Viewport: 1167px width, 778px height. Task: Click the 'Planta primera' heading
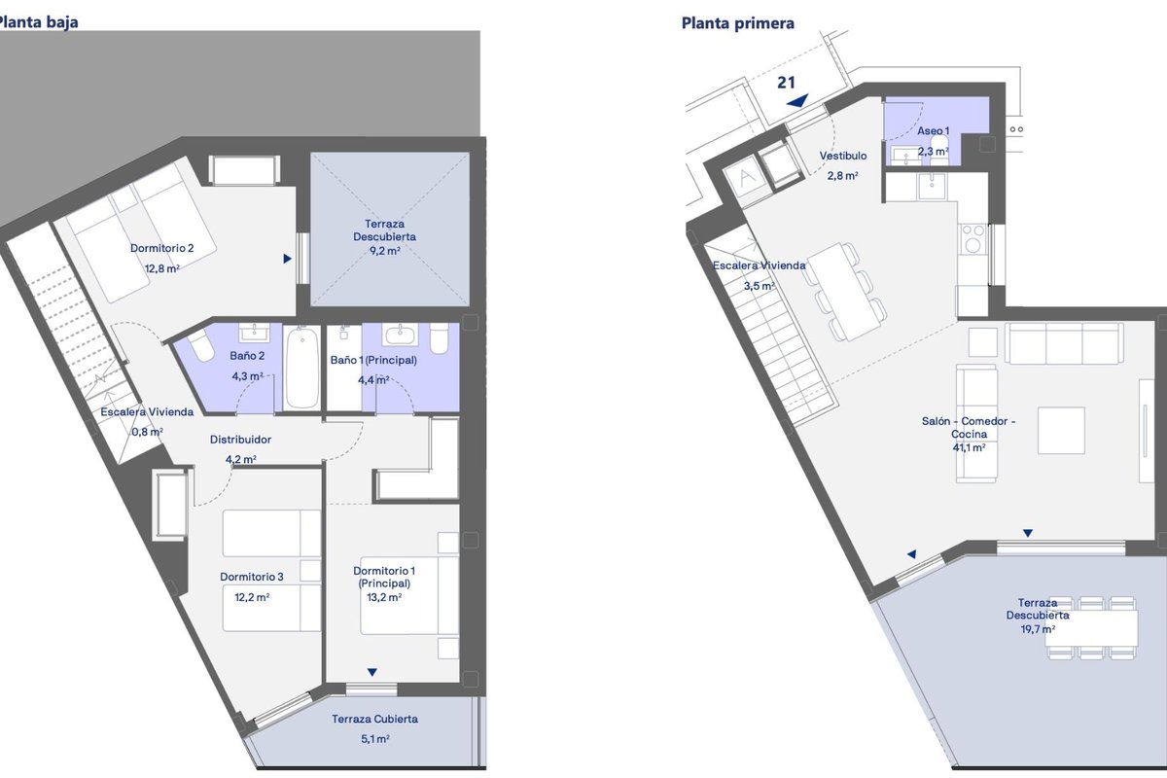738,23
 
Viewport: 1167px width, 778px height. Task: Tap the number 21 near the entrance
786,83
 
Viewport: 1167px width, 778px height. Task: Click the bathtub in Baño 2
302,367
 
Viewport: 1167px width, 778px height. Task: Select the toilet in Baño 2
200,345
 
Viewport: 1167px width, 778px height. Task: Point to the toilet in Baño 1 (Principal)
440,338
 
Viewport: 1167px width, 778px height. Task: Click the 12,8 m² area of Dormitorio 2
162,268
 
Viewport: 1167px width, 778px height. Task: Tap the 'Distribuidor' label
241,440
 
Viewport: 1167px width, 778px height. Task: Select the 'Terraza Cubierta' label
375,719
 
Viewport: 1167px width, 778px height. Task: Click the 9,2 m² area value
384,251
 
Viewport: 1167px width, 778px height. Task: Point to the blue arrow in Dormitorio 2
287,259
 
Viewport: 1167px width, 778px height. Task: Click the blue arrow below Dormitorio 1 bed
371,672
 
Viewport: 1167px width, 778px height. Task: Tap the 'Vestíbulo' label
843,156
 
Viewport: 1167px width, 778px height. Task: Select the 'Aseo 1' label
933,130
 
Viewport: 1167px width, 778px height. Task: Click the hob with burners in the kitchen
972,239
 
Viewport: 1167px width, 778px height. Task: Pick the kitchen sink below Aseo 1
932,186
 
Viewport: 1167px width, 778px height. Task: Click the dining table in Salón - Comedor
844,293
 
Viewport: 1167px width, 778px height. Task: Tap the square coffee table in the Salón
1061,431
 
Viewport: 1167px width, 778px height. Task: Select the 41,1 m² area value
969,447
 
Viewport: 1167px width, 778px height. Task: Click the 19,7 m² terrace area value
1038,629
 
